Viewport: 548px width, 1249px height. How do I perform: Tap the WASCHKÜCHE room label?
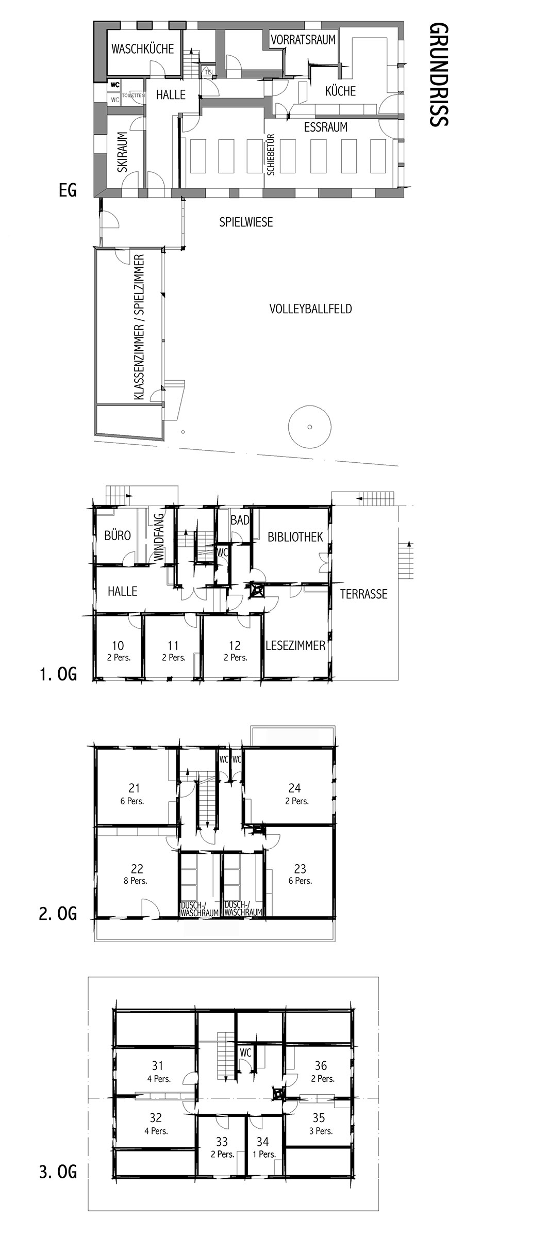(x=143, y=50)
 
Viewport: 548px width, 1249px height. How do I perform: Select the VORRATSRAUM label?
(x=304, y=39)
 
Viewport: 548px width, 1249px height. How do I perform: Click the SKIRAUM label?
(x=122, y=153)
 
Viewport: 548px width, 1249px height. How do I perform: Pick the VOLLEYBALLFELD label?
(x=311, y=309)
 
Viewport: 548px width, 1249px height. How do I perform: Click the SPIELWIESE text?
(x=246, y=222)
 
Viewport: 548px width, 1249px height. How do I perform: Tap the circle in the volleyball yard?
(x=309, y=427)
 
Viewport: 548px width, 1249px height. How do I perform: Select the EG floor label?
(x=67, y=191)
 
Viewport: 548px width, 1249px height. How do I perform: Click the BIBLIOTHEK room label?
(x=295, y=537)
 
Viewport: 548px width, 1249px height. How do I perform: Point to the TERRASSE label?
(x=363, y=594)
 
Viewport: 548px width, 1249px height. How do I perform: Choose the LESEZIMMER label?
(x=295, y=645)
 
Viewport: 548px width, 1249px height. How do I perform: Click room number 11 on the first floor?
(x=173, y=645)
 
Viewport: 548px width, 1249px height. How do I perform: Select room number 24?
(x=295, y=788)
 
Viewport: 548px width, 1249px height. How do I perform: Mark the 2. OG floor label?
(x=58, y=914)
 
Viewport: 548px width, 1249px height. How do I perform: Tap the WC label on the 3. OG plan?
(x=245, y=1053)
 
